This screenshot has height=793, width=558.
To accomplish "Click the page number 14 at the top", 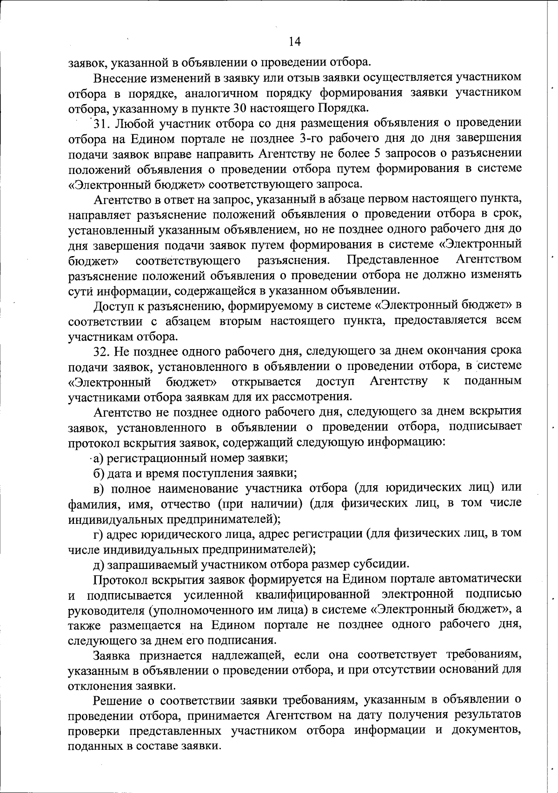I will [295, 42].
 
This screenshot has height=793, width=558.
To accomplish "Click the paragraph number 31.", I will [102, 123].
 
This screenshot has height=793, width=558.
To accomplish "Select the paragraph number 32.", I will [102, 350].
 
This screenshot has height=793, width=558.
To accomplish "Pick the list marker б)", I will [99, 473].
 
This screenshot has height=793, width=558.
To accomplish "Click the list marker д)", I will [99, 564].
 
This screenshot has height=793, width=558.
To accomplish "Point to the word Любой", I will [133, 123].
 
